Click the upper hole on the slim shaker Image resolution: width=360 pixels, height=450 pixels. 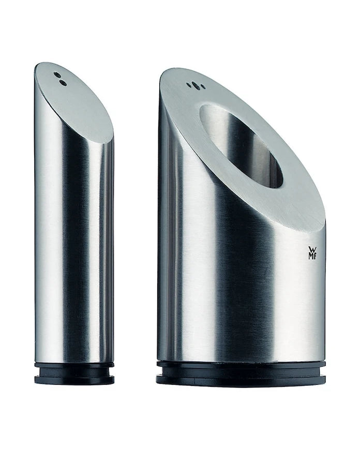point(57,74)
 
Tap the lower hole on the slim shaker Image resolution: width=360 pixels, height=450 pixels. point(63,83)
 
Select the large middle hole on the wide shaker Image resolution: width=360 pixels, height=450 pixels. point(195,85)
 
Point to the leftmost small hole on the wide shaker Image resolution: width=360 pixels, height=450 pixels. point(189,84)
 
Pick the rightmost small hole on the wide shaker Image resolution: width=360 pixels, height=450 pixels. point(203,86)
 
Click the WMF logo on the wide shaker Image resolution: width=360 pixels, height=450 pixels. point(312,252)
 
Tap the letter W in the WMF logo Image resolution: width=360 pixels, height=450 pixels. point(312,249)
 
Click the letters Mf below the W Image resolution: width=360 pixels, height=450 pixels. point(312,256)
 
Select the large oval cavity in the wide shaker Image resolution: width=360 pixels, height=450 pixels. point(241,146)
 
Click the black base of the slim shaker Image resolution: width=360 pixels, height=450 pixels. point(74,373)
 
